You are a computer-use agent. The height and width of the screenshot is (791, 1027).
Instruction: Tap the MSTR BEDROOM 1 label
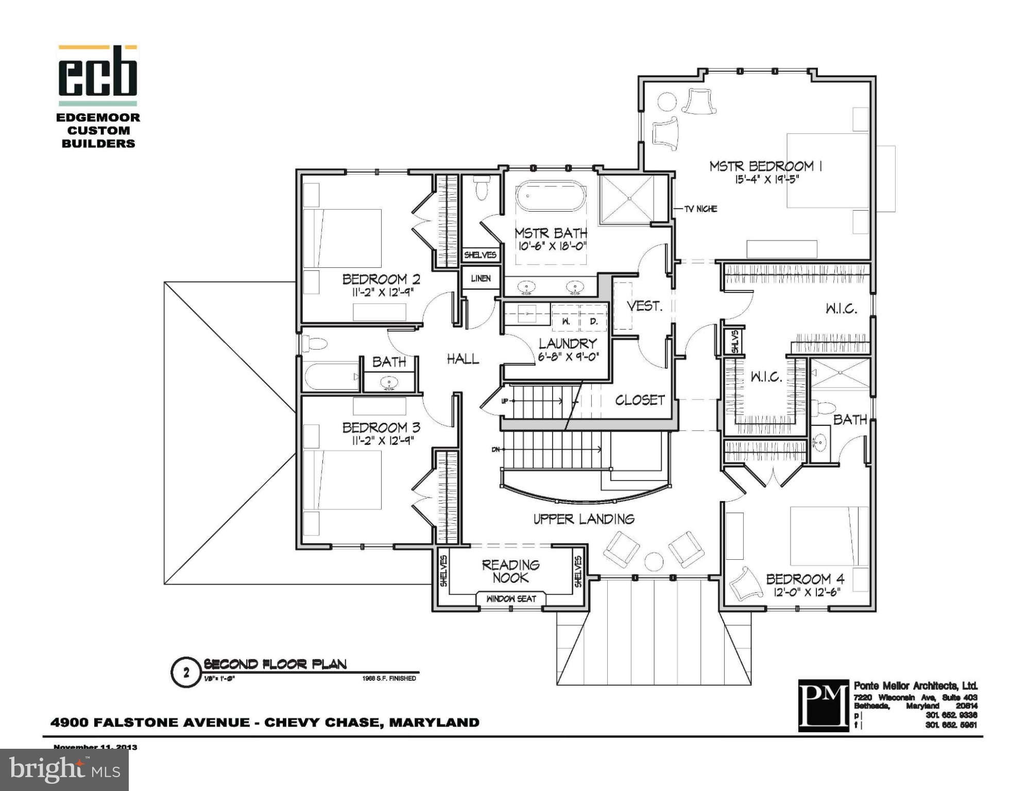(765, 166)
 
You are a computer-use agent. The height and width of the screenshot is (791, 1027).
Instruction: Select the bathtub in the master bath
(551, 196)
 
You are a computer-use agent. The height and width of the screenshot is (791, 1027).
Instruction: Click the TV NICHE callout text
(700, 209)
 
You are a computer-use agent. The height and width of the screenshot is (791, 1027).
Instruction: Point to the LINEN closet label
(481, 279)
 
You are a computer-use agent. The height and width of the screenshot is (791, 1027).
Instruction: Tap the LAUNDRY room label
(568, 343)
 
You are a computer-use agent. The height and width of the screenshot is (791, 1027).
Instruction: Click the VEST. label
(644, 306)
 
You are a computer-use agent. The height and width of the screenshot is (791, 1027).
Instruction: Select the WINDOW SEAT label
(511, 598)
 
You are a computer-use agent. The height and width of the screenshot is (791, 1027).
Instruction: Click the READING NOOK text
(510, 571)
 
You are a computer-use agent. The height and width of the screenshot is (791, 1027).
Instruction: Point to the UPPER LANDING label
(584, 519)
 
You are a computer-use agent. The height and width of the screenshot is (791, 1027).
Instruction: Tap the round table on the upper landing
(654, 561)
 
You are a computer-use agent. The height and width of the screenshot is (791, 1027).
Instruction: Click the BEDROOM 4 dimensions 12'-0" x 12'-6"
(807, 592)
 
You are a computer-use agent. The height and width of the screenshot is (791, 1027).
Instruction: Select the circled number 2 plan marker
(186, 672)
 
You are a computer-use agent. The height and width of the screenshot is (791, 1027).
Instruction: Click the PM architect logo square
(823, 705)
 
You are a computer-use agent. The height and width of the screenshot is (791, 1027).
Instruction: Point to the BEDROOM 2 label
(381, 279)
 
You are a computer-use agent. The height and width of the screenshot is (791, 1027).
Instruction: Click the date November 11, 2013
(95, 747)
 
